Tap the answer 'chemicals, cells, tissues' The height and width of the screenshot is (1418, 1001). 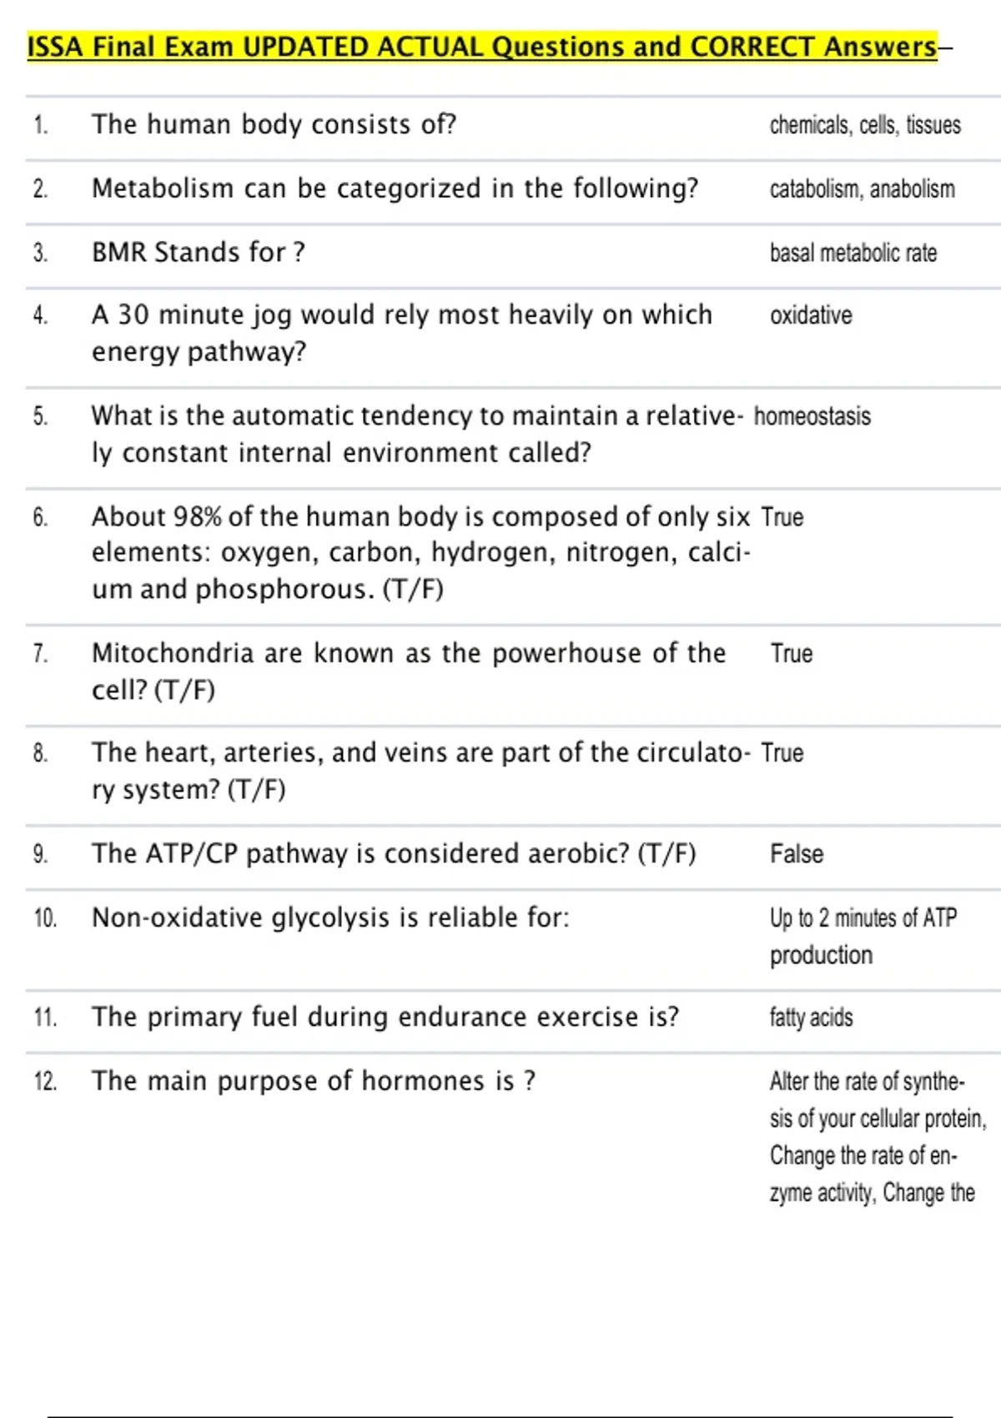pyautogui.click(x=865, y=125)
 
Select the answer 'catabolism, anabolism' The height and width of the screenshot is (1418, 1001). pyautogui.click(x=862, y=189)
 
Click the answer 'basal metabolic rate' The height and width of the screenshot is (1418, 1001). pyautogui.click(x=853, y=253)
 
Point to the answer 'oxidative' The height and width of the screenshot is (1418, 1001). pyautogui.click(x=811, y=315)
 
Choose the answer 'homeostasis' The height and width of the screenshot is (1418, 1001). pyautogui.click(x=812, y=416)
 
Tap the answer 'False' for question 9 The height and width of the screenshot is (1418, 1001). pyautogui.click(x=796, y=854)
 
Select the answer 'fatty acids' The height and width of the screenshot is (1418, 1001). pyautogui.click(x=811, y=1018)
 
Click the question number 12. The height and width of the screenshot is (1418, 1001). pyautogui.click(x=45, y=1082)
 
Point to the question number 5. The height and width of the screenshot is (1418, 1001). pyautogui.click(x=41, y=416)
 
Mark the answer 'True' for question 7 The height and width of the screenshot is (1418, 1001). pyautogui.click(x=791, y=654)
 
